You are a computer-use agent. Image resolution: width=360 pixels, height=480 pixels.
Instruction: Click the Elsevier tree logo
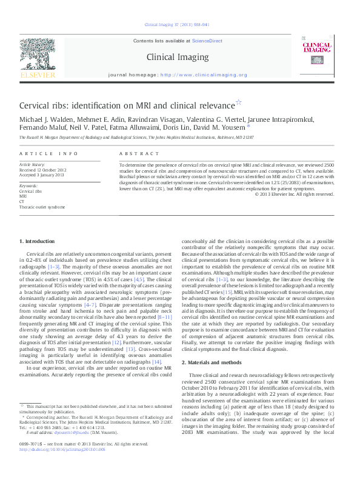point(38,55)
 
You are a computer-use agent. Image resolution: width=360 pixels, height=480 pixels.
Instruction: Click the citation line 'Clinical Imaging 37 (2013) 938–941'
point(176,25)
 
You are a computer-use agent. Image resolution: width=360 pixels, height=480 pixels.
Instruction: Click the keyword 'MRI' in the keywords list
point(23,196)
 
